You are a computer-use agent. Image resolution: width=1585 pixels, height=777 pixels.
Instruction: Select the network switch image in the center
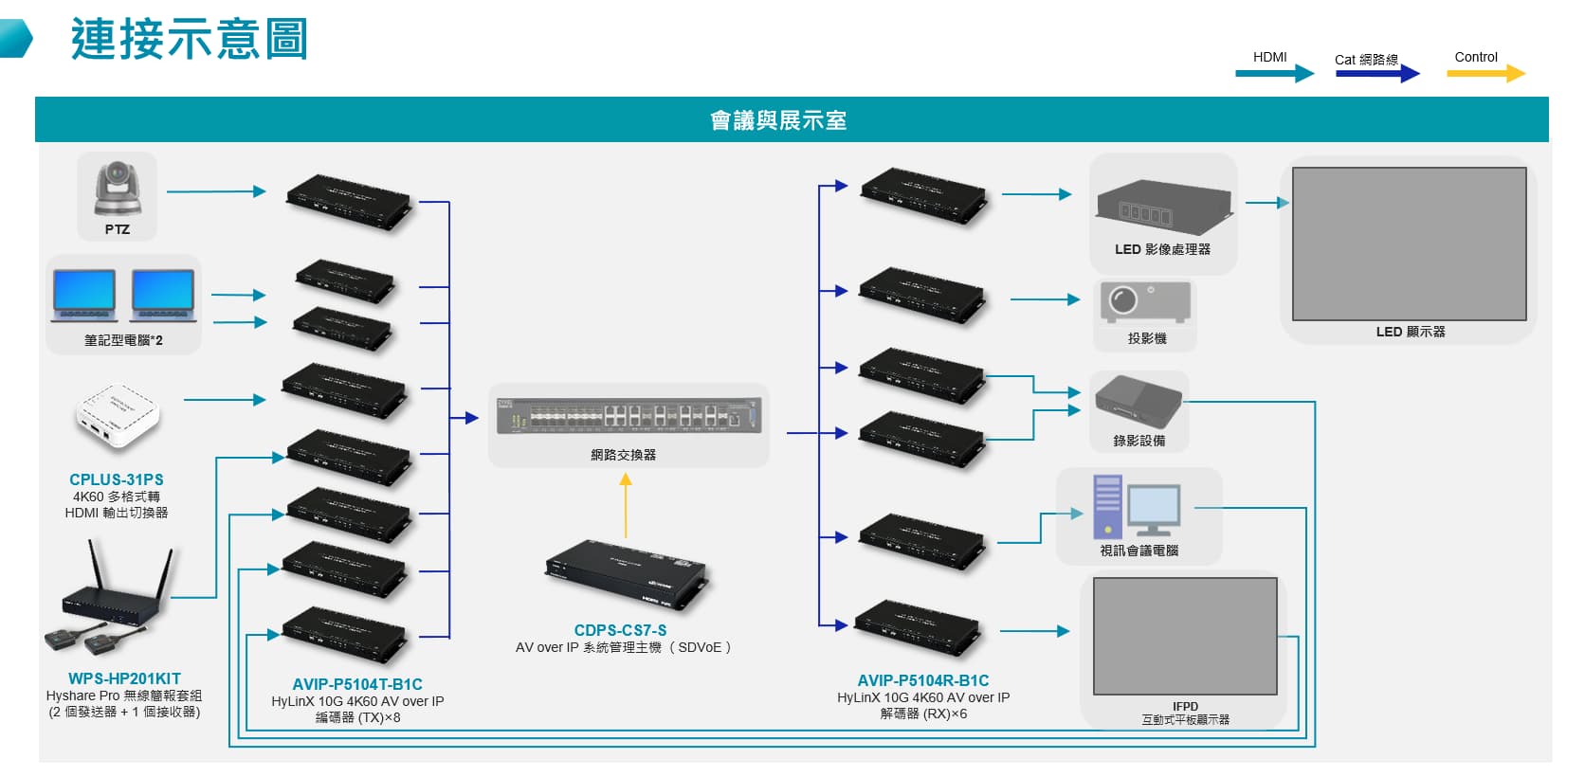tap(629, 416)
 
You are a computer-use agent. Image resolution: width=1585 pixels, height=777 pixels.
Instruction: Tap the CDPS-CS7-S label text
tap(620, 630)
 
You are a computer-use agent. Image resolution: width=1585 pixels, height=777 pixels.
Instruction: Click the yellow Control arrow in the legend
tap(1485, 73)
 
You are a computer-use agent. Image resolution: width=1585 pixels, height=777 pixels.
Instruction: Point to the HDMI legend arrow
tap(1274, 73)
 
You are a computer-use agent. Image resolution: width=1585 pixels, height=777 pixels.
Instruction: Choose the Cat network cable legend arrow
tap(1377, 73)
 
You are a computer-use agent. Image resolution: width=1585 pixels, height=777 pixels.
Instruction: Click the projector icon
tap(1145, 302)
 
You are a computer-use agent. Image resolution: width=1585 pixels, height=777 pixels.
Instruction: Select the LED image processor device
tap(1162, 207)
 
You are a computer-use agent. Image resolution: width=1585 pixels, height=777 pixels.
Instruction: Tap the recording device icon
tap(1139, 402)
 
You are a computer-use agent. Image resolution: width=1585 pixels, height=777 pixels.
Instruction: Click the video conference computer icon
tap(1137, 506)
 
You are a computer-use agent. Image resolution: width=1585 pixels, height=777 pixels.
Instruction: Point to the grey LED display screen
tap(1409, 244)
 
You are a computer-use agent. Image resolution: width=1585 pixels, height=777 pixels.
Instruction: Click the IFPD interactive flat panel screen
tap(1185, 637)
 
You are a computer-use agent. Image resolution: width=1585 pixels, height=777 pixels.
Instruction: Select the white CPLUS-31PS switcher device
tap(118, 416)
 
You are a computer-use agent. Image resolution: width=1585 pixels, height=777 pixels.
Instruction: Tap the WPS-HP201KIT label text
tap(124, 678)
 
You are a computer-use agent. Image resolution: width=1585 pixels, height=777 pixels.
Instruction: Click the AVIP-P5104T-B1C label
tap(357, 684)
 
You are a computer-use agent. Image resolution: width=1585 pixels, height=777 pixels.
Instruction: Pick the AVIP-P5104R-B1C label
tap(922, 680)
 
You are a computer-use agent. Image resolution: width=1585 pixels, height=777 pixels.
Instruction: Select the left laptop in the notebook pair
tap(84, 295)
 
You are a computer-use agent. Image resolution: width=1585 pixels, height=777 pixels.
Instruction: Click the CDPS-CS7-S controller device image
tap(626, 573)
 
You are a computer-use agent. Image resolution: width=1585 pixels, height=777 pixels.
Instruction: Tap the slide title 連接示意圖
tap(190, 40)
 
